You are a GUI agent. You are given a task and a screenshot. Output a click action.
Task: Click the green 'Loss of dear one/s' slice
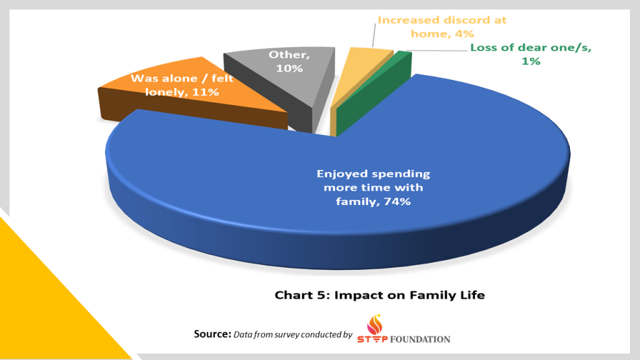[403, 67]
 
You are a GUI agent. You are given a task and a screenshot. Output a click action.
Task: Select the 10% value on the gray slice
[291, 68]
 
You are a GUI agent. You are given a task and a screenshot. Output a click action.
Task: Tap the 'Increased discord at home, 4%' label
[442, 26]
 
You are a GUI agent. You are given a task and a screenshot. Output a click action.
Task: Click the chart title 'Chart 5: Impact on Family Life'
[379, 294]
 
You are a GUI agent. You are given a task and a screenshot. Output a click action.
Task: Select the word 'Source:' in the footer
[212, 334]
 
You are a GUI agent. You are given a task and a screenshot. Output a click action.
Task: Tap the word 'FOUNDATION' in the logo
[420, 339]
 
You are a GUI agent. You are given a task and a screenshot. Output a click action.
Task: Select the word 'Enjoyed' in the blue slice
[341, 174]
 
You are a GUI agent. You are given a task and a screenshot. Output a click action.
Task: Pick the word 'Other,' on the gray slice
[284, 54]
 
